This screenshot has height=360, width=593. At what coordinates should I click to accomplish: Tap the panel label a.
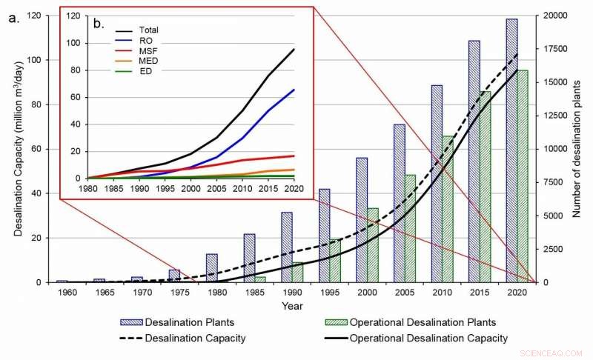[14, 19]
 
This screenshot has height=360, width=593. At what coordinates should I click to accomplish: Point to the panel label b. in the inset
[99, 24]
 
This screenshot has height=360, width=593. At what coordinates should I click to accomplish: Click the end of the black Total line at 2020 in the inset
[294, 49]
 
